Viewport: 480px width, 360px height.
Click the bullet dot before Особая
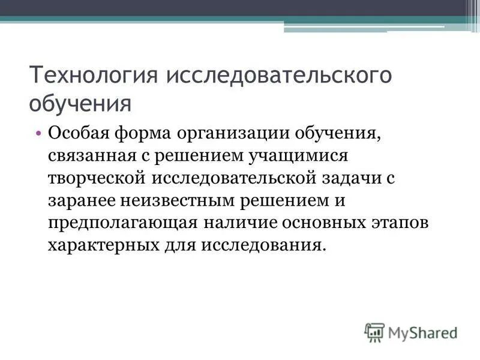(39, 133)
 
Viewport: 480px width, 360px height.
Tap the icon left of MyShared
(374, 332)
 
